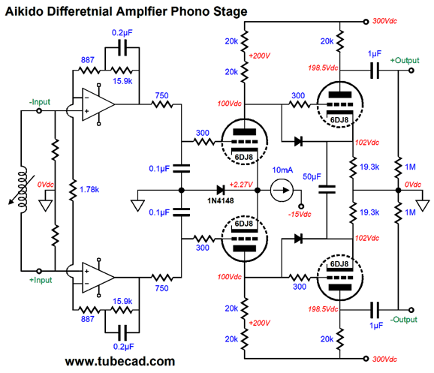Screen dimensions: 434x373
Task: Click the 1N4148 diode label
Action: point(221,200)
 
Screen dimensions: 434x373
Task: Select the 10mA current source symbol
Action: point(282,190)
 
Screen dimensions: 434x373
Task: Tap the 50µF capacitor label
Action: point(312,176)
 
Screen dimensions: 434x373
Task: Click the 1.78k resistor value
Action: point(89,190)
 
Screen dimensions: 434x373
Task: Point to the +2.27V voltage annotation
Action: point(241,185)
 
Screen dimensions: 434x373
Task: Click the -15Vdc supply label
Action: point(300,215)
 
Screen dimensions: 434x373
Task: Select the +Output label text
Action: point(405,60)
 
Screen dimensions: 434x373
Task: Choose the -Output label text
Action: point(403,320)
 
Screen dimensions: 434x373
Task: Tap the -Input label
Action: point(40,102)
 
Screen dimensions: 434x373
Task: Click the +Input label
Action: point(41,280)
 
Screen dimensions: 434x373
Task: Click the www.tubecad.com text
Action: point(120,362)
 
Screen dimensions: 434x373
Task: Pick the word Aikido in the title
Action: point(24,11)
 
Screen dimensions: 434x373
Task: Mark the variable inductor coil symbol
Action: point(22,190)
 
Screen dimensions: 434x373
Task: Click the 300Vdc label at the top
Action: point(384,21)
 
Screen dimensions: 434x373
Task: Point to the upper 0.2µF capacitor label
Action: point(122,33)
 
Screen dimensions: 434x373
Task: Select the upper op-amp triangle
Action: point(98,104)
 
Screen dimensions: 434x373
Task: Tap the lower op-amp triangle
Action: point(98,277)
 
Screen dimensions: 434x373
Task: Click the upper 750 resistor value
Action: point(161,95)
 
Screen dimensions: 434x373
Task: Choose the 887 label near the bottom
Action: point(87,319)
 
